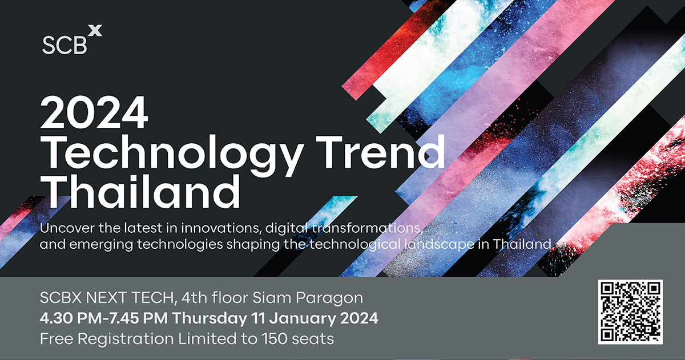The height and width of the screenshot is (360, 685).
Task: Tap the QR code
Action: pos(630,312)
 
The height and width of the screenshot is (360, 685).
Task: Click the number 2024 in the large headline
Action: pos(94,114)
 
